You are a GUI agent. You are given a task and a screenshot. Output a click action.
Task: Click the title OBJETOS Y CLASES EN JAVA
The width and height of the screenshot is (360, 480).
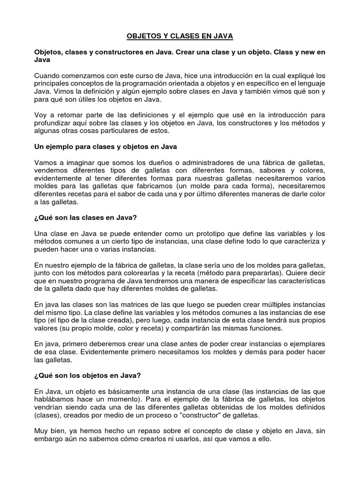pos(180,36)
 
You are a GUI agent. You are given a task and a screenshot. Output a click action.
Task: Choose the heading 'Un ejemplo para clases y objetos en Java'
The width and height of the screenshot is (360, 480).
pos(105,147)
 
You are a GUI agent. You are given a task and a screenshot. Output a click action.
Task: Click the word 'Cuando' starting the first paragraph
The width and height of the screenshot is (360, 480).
pos(48,76)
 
